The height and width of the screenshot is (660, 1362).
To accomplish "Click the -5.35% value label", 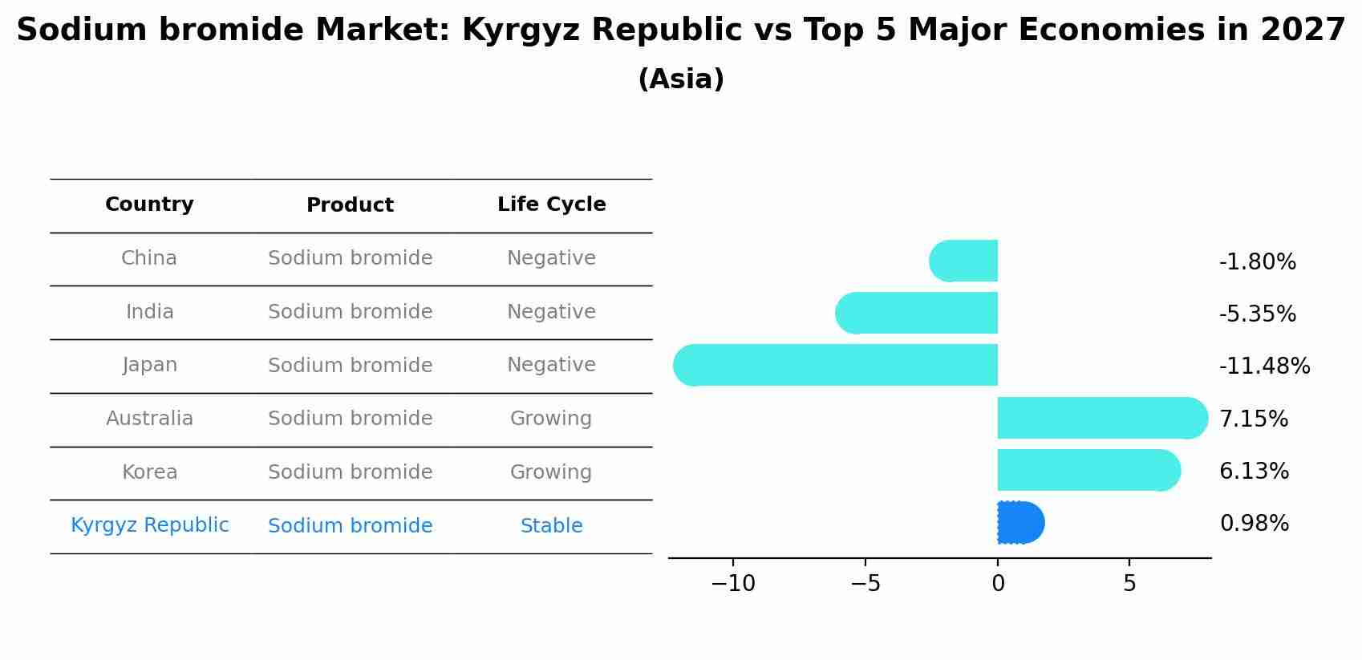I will (x=1257, y=314).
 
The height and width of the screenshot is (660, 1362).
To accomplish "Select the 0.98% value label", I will (x=1254, y=524).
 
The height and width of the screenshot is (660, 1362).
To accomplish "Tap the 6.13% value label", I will (x=1254, y=471).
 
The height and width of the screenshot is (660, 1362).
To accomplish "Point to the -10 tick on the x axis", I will (x=733, y=584).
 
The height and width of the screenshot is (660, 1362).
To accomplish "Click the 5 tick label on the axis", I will (x=1129, y=584).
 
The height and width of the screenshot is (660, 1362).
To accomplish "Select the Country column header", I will (x=149, y=204).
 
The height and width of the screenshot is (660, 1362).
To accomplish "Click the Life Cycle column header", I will (x=551, y=204).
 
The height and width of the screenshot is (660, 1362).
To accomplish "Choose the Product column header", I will (x=350, y=205).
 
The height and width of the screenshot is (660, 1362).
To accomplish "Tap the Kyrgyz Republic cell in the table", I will (x=149, y=525).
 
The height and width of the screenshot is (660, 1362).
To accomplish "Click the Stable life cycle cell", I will (x=551, y=526).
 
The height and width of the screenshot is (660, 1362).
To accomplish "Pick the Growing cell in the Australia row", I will (x=551, y=419).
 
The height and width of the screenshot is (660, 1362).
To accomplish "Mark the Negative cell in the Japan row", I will (x=551, y=365).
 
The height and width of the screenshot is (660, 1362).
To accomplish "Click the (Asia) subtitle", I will (x=680, y=79).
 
